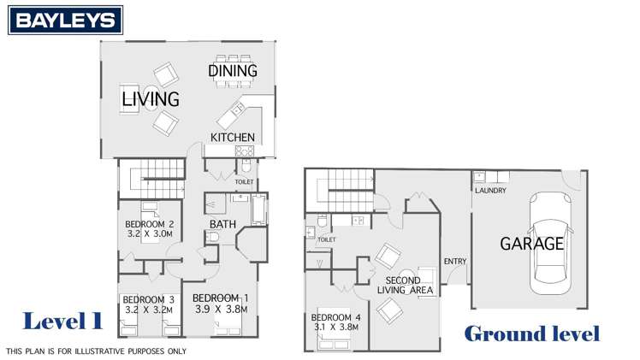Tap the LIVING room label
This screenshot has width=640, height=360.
tap(150, 99)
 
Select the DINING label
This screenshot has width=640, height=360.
tap(233, 71)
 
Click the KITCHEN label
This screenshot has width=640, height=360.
tap(233, 137)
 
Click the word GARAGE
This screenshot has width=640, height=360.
tap(531, 244)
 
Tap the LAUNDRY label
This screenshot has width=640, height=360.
tap(490, 190)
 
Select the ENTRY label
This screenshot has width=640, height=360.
tap(453, 261)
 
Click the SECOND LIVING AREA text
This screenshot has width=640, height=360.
tap(403, 286)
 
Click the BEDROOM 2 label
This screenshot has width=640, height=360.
tap(150, 225)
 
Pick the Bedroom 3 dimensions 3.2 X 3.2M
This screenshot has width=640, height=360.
tap(148, 309)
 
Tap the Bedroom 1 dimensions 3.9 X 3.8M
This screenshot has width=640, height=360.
tap(221, 309)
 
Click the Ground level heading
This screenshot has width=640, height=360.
tap(530, 333)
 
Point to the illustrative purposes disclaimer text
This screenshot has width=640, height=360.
tap(96, 351)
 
